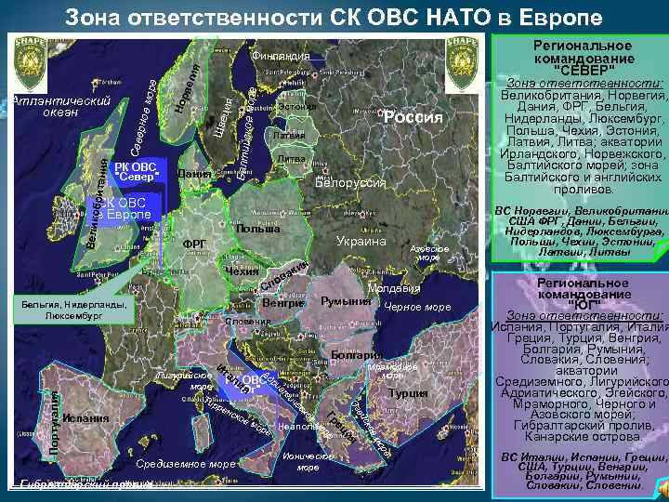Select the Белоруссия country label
[349, 182]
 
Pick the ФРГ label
[194, 244]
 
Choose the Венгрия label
[282, 303]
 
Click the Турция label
[409, 393]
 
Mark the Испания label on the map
[87, 418]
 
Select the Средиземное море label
[185, 463]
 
